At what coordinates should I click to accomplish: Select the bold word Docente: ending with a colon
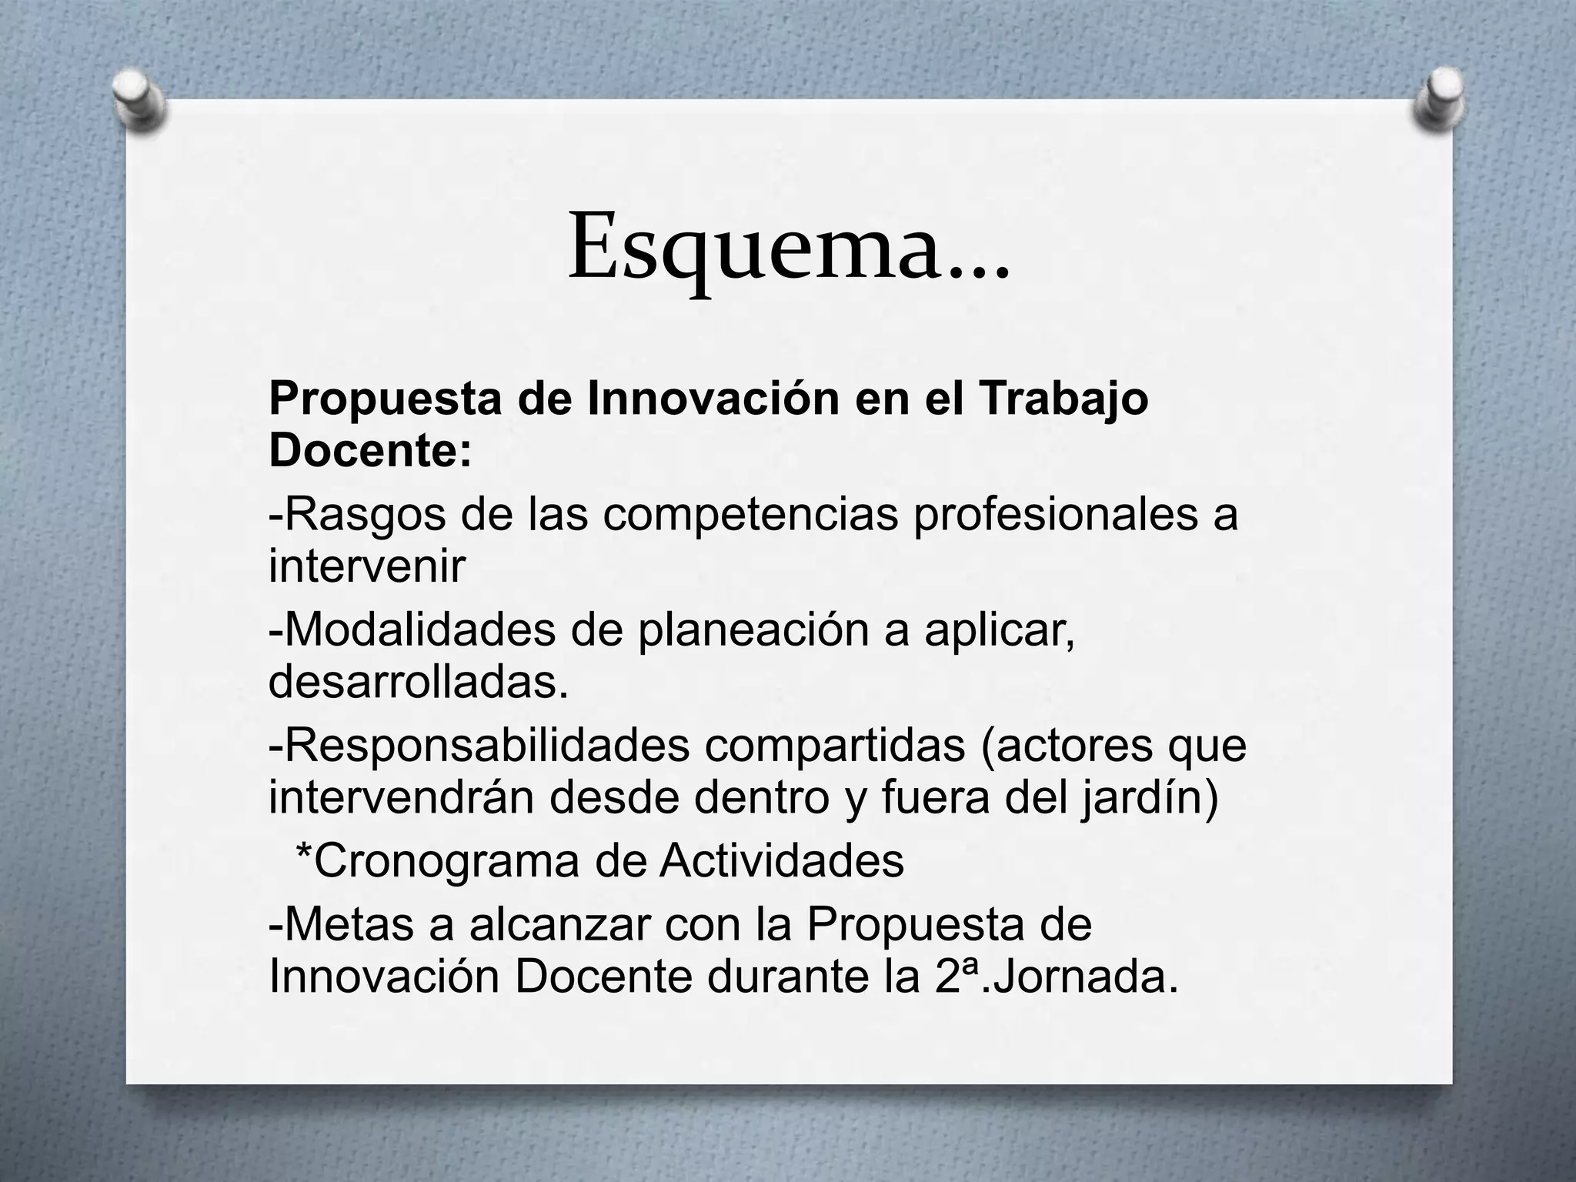click(370, 449)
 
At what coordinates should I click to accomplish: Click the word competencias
click(750, 515)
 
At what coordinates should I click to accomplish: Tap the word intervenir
click(367, 566)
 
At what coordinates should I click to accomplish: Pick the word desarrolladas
click(418, 682)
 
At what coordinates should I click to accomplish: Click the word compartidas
click(834, 746)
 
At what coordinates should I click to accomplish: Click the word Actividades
click(782, 861)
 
